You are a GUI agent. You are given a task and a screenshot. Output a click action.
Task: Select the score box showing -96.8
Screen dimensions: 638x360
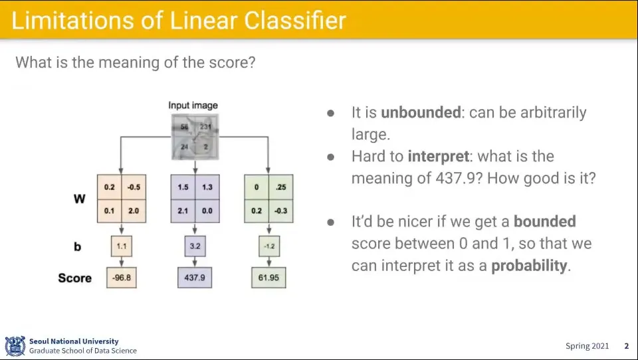[121, 278]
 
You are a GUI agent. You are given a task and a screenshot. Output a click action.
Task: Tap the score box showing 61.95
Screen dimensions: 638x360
[268, 278]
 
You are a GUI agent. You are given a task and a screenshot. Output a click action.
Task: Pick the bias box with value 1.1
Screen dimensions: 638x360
[121, 246]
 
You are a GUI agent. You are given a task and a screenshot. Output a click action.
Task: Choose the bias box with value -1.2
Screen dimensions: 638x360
[268, 246]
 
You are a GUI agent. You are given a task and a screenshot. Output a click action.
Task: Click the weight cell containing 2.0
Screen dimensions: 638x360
[133, 211]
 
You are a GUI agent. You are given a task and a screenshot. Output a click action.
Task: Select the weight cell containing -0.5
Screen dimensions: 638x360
[133, 187]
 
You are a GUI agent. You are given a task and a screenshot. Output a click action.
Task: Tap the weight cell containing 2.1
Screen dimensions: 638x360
[182, 211]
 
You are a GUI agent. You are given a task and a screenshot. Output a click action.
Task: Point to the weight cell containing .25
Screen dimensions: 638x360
[280, 187]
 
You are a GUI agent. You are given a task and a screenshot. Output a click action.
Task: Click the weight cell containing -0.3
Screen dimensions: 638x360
[280, 211]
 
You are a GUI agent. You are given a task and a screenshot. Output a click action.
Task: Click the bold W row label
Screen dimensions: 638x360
[79, 199]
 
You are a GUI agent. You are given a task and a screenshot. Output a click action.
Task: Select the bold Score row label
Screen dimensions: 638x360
[74, 278]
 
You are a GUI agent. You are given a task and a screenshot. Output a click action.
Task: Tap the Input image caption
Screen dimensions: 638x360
[193, 105]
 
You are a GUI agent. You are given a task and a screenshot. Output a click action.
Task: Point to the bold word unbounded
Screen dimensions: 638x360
[421, 112]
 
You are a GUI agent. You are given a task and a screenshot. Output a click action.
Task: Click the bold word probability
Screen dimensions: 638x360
[529, 266]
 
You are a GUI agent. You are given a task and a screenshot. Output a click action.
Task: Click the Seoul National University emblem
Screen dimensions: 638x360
[15, 345]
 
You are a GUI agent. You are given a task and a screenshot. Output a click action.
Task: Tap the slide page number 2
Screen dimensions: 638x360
[626, 346]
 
